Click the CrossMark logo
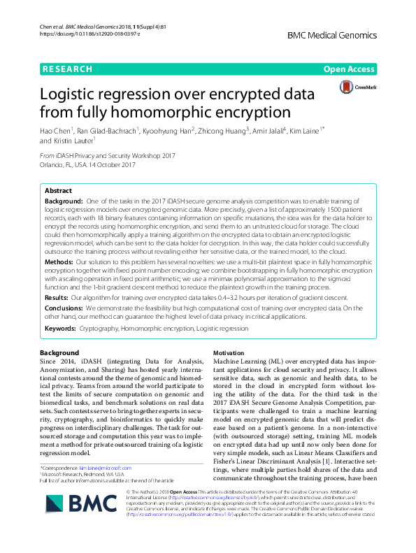(x=354, y=87)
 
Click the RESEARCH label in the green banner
(x=67, y=69)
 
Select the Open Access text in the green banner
(x=349, y=69)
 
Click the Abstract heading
(x=58, y=191)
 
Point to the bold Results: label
(x=58, y=296)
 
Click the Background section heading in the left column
(x=59, y=352)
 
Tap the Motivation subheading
(x=228, y=353)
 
